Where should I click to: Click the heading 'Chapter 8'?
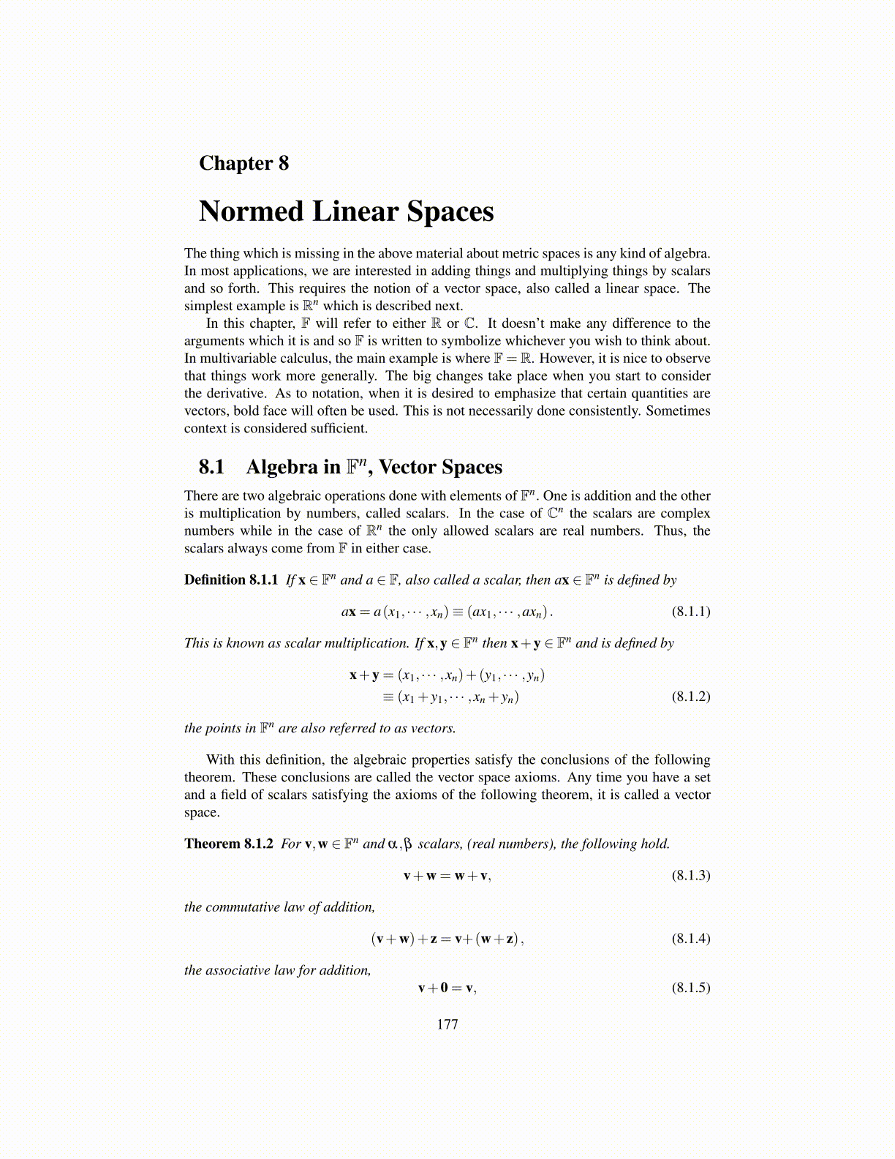[x=243, y=163]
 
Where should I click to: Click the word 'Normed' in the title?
[x=251, y=211]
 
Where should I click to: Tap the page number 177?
[x=447, y=1024]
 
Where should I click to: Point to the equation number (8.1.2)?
[x=690, y=697]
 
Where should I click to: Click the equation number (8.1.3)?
[x=690, y=876]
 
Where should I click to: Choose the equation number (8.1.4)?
[x=690, y=939]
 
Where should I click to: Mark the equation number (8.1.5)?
[x=690, y=988]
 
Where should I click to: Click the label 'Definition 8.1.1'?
[x=231, y=580]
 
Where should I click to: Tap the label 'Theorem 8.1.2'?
[x=228, y=844]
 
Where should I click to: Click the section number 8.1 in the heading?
[x=211, y=468]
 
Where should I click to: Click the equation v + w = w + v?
[x=447, y=876]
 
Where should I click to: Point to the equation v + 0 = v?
[x=447, y=988]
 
